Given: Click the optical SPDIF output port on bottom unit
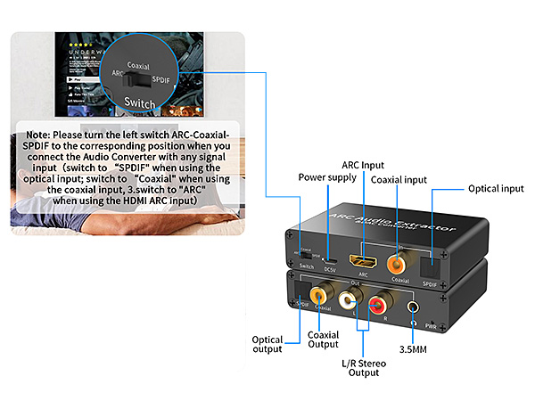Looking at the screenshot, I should coord(298,290).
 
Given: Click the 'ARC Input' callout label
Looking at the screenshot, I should coord(365,166).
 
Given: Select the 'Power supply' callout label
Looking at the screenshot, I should coord(328,176).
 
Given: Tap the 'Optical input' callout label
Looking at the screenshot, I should coord(498,189).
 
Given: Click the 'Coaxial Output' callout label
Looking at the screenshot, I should coord(323,340).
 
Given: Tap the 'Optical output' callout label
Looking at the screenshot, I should coord(267,345).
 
